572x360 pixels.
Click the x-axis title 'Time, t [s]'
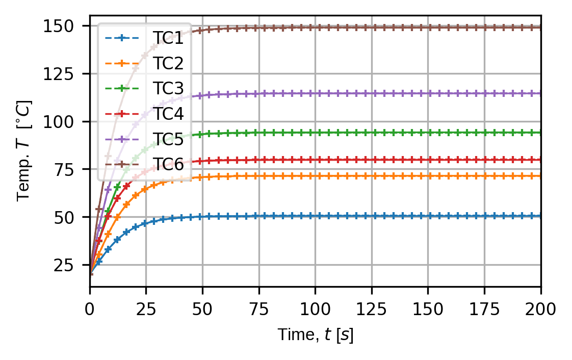(x=315, y=335)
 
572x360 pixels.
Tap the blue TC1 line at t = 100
(x=315, y=216)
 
